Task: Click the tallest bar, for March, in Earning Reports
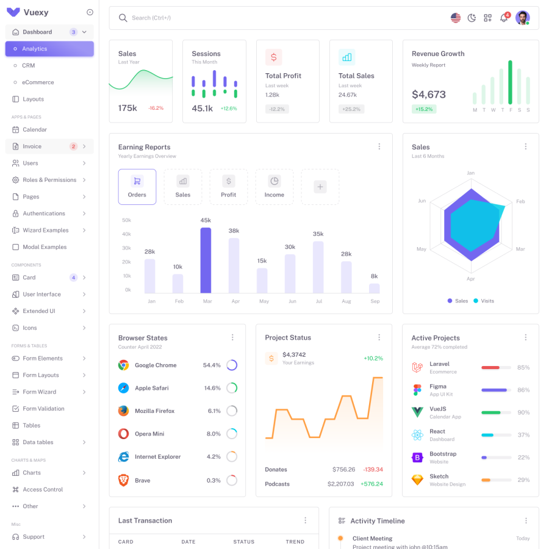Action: (206, 260)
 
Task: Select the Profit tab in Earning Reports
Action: (229, 187)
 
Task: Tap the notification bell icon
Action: (504, 18)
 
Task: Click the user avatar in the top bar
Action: (522, 18)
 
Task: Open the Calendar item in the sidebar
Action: (35, 129)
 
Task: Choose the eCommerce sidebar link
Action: (38, 82)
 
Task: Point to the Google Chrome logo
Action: (123, 365)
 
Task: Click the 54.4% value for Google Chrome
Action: (212, 365)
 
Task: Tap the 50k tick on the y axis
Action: (127, 220)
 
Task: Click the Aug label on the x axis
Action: (346, 301)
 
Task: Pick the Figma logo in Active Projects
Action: (417, 390)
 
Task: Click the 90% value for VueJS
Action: (523, 412)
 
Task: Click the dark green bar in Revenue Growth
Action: (510, 82)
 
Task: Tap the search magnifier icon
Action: (123, 18)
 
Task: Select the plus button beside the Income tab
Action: (320, 187)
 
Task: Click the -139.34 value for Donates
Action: (373, 470)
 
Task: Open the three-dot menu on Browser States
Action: (232, 337)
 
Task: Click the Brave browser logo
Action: (123, 480)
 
